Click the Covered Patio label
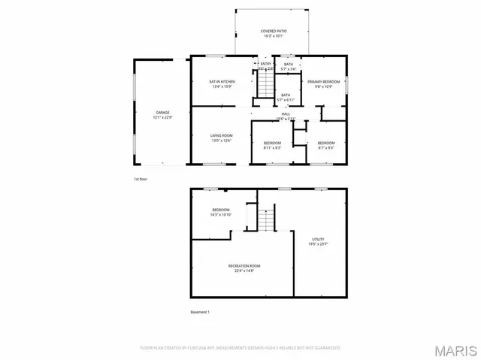click(274, 33)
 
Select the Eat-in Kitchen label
click(222, 83)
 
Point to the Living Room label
click(222, 138)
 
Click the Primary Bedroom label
click(324, 83)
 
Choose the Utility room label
click(318, 241)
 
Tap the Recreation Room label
click(244, 268)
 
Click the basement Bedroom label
click(220, 212)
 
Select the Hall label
click(286, 116)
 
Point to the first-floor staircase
click(265, 86)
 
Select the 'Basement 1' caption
click(200, 311)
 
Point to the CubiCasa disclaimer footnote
click(240, 348)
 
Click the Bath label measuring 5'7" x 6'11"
click(286, 98)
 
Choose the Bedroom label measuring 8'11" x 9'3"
click(272, 145)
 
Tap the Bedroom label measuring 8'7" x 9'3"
click(325, 145)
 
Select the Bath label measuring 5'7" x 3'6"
click(289, 67)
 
